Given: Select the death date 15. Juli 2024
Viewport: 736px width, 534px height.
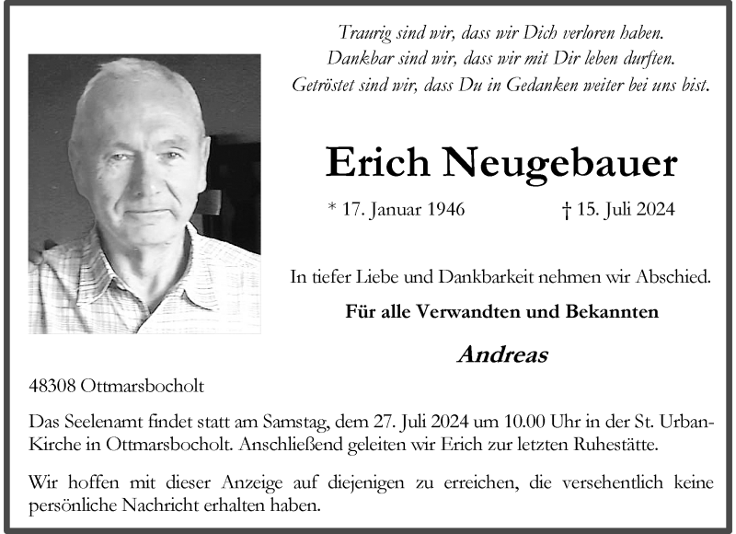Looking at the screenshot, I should pos(625,210).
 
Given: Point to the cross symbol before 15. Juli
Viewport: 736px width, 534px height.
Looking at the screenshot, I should pos(566,210).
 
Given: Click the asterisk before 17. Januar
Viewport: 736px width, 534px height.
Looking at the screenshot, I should pos(332,207).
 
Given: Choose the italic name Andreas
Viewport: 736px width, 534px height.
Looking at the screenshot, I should pos(501,354).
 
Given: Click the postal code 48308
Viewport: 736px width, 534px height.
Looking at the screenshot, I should pos(52,386).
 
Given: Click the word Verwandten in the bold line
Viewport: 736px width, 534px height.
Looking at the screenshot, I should pos(472,311).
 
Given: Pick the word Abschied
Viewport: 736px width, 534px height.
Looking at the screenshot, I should pos(676,275).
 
